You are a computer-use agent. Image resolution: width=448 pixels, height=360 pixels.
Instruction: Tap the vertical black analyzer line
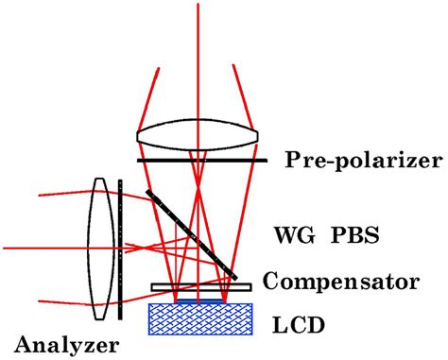tap(122, 255)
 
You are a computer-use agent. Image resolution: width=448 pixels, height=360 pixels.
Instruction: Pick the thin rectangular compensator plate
tap(199, 286)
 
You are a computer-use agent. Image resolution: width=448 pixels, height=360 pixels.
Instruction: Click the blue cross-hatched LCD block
tap(199, 317)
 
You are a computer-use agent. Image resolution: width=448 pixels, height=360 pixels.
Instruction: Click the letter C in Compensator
tap(270, 282)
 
